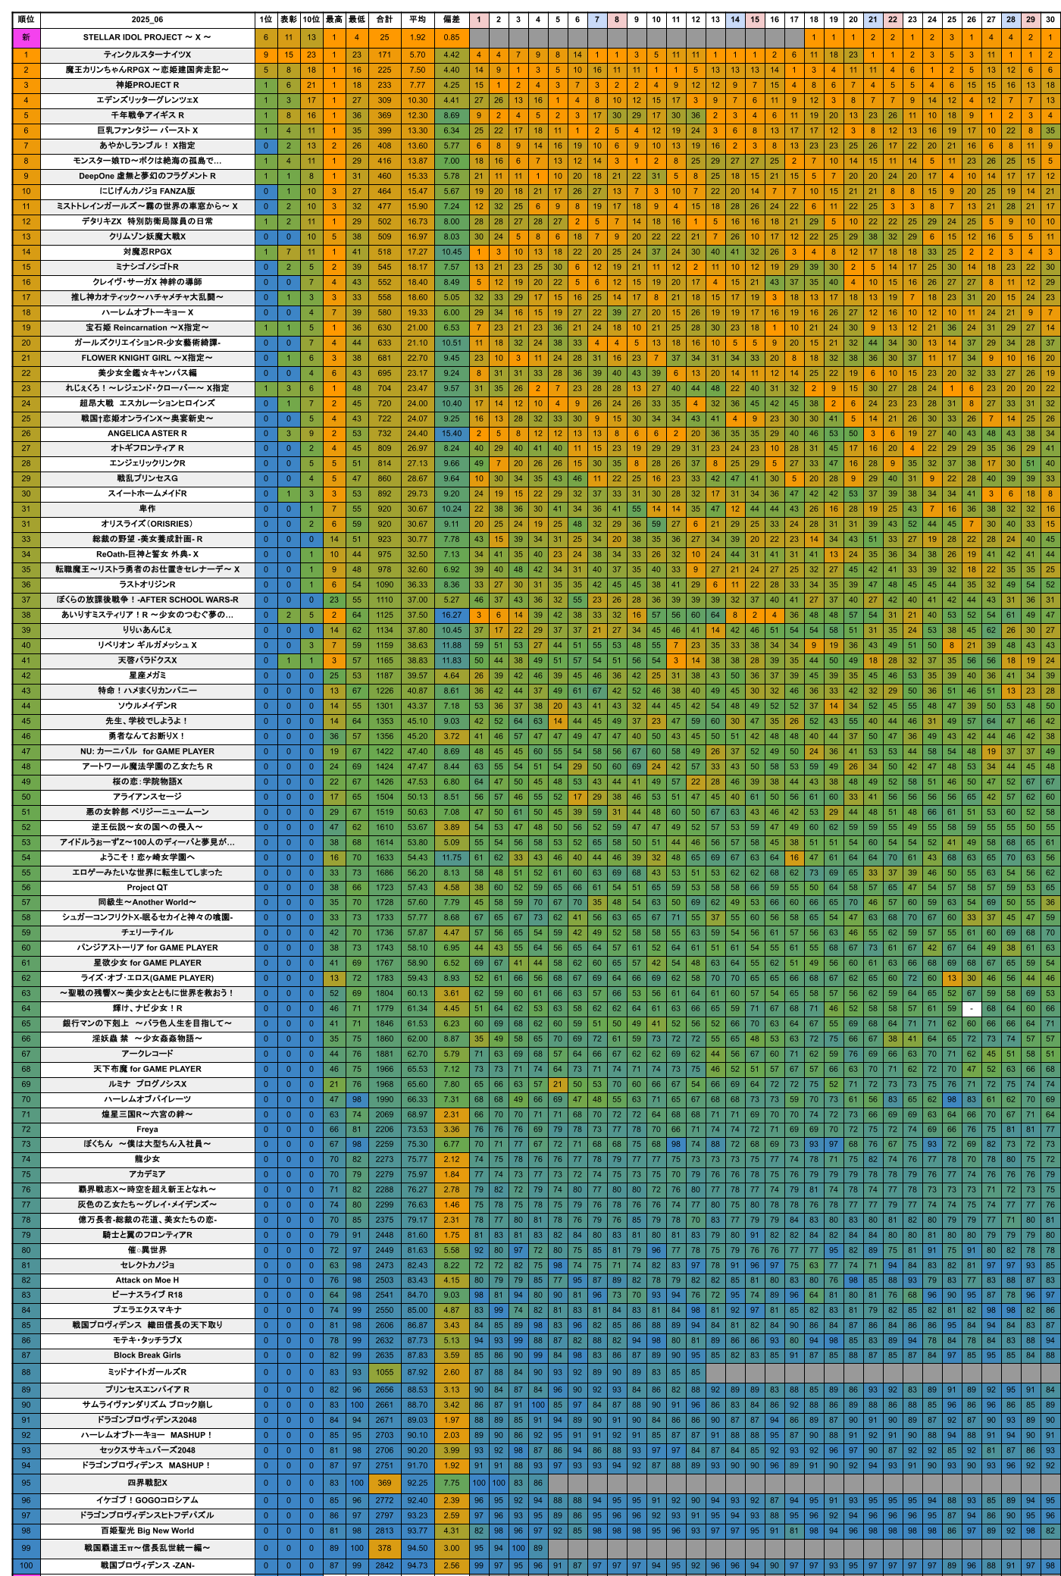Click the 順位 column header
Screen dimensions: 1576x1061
(26, 20)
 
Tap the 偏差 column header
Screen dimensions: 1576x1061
(452, 20)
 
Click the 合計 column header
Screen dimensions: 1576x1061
(385, 20)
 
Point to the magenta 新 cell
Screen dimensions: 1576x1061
(26, 37)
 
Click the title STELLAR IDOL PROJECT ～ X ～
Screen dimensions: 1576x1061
(147, 37)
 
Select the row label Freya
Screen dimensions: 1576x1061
(147, 1129)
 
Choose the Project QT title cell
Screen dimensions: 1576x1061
(147, 887)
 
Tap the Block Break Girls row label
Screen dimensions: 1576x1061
(147, 1355)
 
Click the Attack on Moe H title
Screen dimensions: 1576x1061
(147, 1280)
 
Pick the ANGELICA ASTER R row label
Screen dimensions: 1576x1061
(147, 433)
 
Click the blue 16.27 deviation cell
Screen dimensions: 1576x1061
(452, 615)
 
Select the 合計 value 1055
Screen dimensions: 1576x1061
(385, 1372)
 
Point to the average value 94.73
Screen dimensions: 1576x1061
(418, 1565)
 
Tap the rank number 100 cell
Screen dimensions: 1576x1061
(26, 1565)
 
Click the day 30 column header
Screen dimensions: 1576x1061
(1050, 20)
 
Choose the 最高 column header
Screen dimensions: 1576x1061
(334, 20)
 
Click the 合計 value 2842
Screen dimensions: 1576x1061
(385, 1565)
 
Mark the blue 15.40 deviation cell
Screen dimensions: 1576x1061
(452, 433)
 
